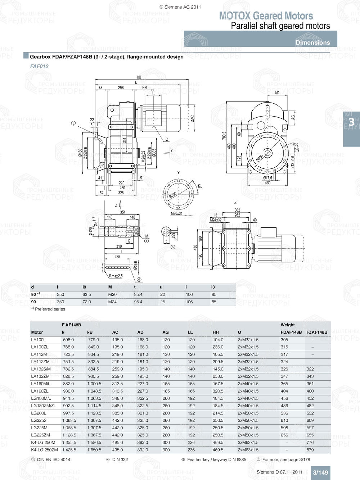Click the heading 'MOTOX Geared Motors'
(266, 16)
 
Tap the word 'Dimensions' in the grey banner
(312, 42)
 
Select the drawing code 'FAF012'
(39, 66)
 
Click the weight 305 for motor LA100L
(284, 340)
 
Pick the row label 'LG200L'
(39, 413)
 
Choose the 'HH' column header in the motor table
(216, 332)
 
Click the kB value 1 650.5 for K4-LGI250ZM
(94, 450)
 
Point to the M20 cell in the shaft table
(112, 294)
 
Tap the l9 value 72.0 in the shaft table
(87, 302)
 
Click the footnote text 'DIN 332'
(120, 459)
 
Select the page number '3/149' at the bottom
(320, 472)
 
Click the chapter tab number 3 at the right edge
(351, 123)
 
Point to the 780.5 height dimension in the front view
(224, 136)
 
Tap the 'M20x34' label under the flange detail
(176, 213)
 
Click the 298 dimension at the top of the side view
(121, 87)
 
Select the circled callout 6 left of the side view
(73, 123)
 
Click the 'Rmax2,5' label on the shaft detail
(116, 276)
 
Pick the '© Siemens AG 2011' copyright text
(180, 7)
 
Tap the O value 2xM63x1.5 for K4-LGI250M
(248, 443)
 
